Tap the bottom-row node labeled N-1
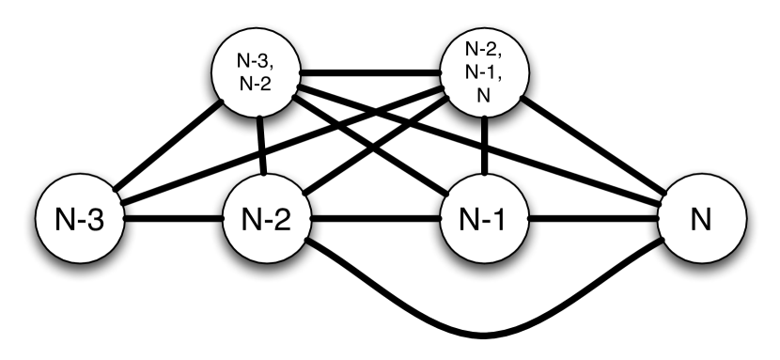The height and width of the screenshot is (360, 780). [x=484, y=223]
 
